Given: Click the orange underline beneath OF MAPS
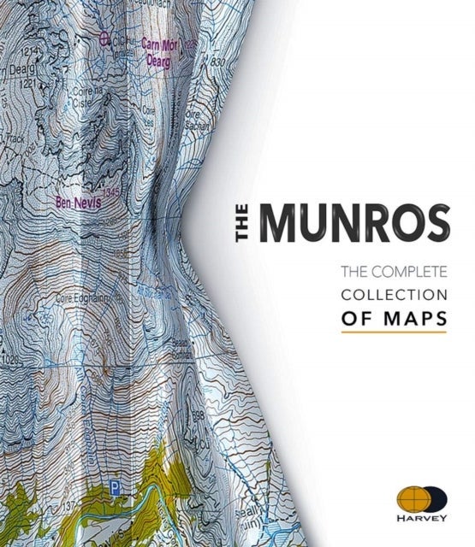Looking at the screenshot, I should (394, 332).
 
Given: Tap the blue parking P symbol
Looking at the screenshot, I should (114, 490).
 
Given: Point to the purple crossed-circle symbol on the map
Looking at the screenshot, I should (105, 38).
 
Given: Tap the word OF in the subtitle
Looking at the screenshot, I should (356, 318).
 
